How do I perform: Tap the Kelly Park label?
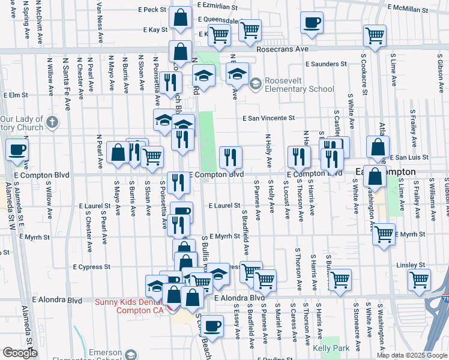[329, 348]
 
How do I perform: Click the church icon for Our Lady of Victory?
[52, 123]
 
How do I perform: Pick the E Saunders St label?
[326, 64]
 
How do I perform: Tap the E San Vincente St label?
[269, 119]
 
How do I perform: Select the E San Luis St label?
[408, 157]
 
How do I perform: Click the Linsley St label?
[411, 265]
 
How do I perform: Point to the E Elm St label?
[16, 95]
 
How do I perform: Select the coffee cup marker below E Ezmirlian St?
[312, 23]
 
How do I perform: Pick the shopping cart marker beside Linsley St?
[418, 278]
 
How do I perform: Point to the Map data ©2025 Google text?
[411, 355]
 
